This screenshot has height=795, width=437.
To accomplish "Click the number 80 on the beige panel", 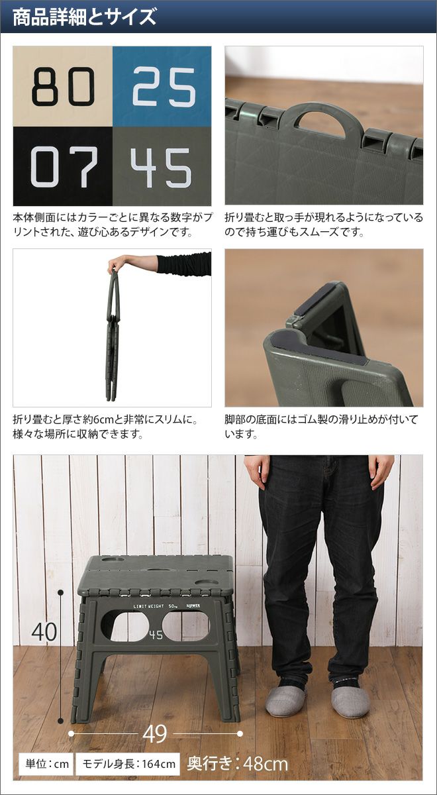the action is click(x=63, y=87).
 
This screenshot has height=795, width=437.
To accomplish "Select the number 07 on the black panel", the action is click(x=64, y=167).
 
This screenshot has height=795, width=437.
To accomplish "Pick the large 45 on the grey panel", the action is click(x=161, y=168).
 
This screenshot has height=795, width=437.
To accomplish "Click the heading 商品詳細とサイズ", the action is click(x=85, y=17).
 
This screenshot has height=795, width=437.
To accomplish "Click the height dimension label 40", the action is click(x=44, y=633).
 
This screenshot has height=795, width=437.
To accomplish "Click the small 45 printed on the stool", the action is click(x=156, y=635).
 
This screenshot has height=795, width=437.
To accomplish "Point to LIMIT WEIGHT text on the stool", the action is click(x=148, y=606).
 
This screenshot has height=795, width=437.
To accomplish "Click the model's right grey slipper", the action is click(x=350, y=695).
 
